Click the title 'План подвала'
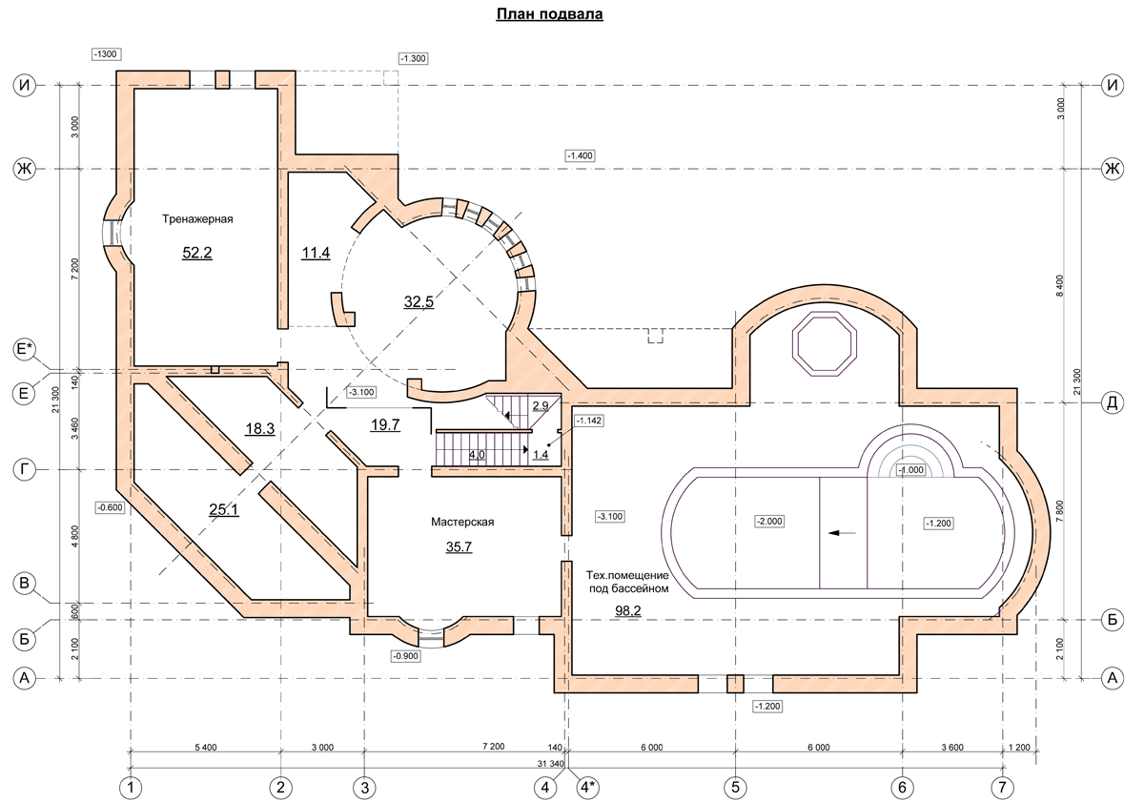coord(549,13)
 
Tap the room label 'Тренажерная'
coord(197,219)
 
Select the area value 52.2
coord(197,253)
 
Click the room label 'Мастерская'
coord(462,522)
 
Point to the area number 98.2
coord(627,610)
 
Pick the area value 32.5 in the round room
coord(419,302)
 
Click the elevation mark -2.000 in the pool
coord(769,521)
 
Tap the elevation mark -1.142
coord(589,421)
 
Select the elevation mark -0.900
coord(406,656)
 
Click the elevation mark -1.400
coord(581,155)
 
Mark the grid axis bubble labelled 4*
coord(588,787)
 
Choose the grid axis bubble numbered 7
coord(1002,787)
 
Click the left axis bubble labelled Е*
coord(24,349)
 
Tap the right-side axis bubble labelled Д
coord(1112,402)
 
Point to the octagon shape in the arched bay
coord(825,344)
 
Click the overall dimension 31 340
coord(551,764)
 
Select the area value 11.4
coord(316,253)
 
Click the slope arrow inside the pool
coord(842,533)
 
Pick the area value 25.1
coord(224,509)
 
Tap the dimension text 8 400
coord(1060,286)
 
